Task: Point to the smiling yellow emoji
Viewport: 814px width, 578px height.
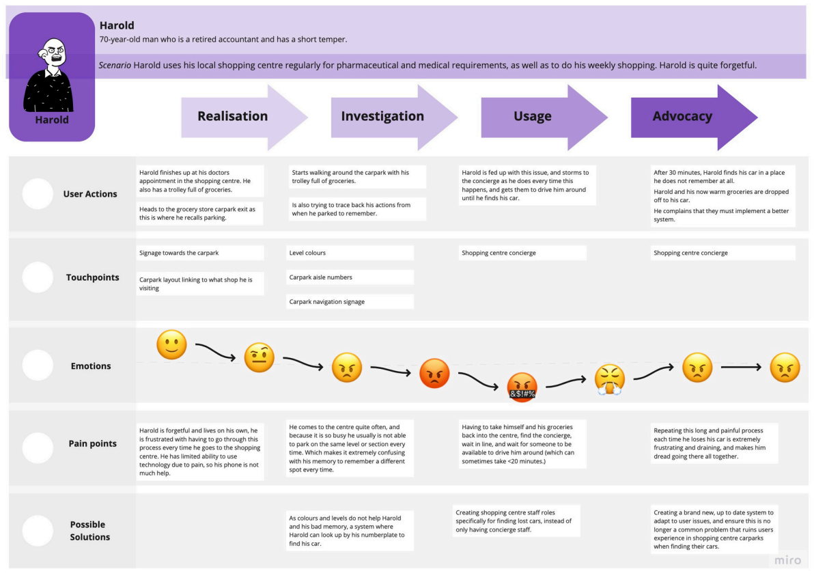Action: (171, 345)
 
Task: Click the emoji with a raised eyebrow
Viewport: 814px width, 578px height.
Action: (259, 357)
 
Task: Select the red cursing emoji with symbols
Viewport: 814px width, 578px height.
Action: (522, 387)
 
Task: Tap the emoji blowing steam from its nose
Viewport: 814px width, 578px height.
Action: (609, 380)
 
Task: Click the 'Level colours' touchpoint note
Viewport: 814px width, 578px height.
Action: (351, 253)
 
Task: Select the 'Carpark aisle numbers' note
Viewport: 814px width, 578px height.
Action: (351, 277)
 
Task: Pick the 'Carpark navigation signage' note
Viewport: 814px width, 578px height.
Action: (351, 302)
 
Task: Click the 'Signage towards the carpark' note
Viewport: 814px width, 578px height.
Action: (200, 253)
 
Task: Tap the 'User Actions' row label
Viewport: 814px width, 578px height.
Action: (90, 194)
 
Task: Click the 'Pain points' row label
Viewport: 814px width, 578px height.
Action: (93, 443)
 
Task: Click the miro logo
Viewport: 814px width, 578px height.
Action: (788, 560)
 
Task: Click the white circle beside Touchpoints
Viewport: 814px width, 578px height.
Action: (38, 277)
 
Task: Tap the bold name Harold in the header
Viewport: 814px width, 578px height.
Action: (117, 25)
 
